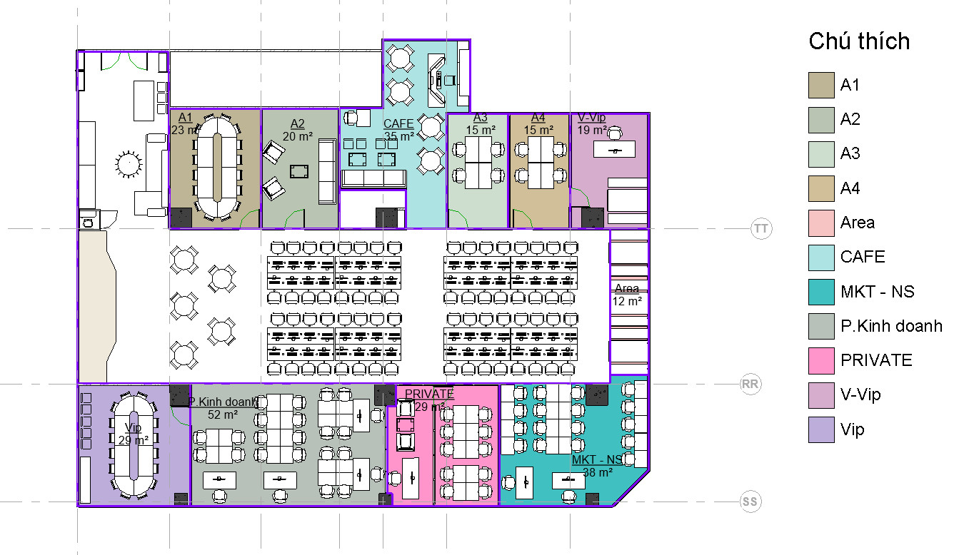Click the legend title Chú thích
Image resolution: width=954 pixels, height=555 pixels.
click(x=859, y=41)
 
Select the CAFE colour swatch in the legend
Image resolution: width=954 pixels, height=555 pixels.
click(x=821, y=258)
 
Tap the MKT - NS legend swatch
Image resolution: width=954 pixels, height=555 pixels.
click(x=821, y=292)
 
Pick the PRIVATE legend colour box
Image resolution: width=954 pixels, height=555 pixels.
click(x=821, y=360)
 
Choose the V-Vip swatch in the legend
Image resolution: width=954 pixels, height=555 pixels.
click(x=821, y=395)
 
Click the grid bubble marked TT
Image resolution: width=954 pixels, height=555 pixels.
click(x=760, y=228)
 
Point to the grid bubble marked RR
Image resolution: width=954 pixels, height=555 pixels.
click(x=750, y=384)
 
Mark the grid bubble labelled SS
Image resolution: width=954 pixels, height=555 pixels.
click(x=750, y=501)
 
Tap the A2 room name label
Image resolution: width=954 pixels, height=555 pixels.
click(x=297, y=123)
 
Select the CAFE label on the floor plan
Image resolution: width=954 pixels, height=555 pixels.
click(x=398, y=123)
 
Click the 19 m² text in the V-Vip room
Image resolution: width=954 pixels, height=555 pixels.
click(x=592, y=130)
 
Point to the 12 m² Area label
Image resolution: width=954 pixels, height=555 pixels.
click(x=627, y=301)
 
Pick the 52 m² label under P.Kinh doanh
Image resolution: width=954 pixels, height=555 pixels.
click(x=222, y=414)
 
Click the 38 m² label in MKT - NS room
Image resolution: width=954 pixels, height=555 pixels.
click(x=598, y=472)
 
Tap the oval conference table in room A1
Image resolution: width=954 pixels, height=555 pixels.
click(x=217, y=167)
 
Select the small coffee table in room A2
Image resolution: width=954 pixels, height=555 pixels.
click(x=299, y=171)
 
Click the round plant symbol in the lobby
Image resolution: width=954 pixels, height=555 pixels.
click(x=129, y=163)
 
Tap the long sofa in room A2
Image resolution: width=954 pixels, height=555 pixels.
click(x=327, y=171)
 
